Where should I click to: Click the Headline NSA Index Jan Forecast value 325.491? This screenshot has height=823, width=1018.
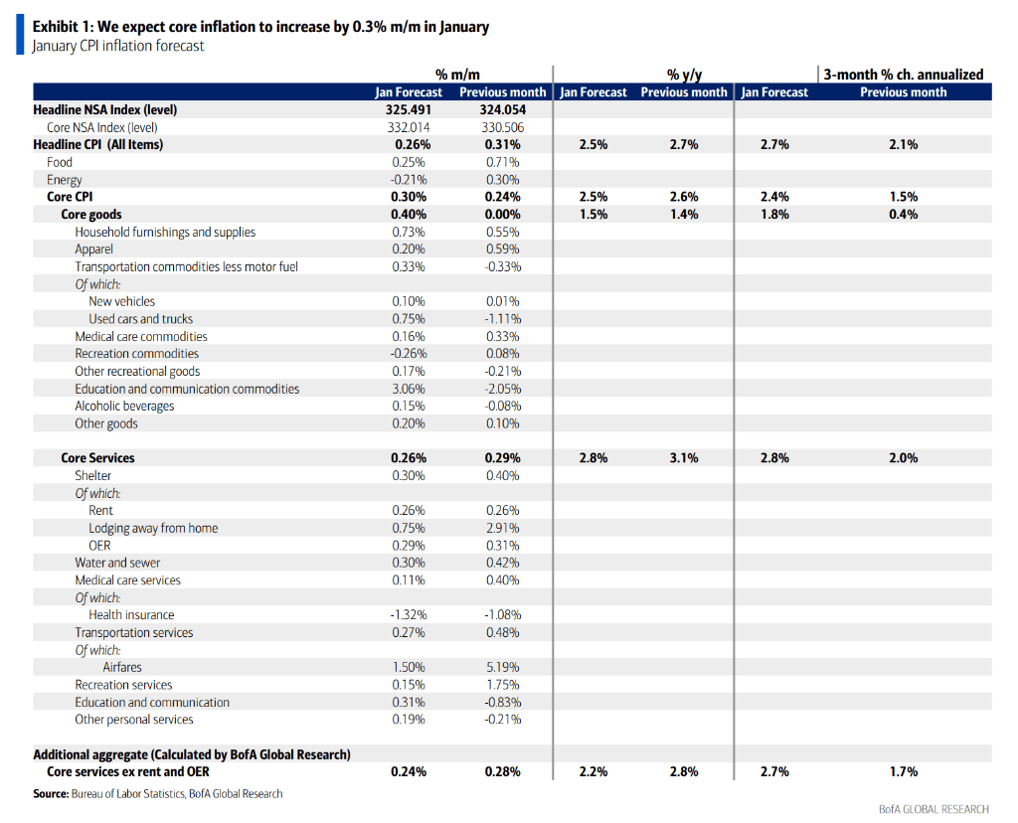click(x=409, y=109)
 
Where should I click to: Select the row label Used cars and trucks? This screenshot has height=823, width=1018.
click(x=140, y=319)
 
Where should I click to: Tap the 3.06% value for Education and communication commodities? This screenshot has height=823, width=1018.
click(x=409, y=389)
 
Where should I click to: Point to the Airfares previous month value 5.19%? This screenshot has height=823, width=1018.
click(x=502, y=667)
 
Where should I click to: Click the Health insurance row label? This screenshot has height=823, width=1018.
click(x=131, y=615)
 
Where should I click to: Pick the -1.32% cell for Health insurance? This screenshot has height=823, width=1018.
click(x=408, y=615)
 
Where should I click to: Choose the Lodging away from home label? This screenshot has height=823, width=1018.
click(x=153, y=528)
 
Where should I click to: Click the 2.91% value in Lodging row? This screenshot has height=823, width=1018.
click(x=502, y=528)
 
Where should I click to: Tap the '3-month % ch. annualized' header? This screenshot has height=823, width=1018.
click(x=903, y=74)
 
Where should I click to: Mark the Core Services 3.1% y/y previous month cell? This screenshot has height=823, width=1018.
click(x=684, y=458)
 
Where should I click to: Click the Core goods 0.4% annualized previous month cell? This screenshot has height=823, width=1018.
click(x=903, y=214)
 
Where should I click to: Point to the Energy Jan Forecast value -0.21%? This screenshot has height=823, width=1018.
click(x=408, y=180)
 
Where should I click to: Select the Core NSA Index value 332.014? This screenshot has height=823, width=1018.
click(x=409, y=127)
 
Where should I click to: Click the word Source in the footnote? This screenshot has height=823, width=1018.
click(x=51, y=793)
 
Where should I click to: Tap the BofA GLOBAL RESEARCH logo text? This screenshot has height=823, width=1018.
click(x=933, y=809)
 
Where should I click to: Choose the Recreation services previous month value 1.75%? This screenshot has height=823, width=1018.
click(x=502, y=685)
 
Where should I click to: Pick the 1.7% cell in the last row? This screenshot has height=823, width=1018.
click(x=903, y=771)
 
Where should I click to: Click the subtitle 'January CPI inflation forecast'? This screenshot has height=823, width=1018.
click(x=118, y=46)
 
